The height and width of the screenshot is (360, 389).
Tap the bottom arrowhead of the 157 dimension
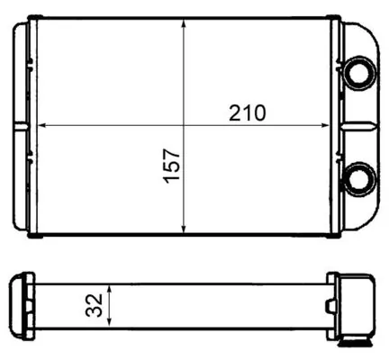point(184,229)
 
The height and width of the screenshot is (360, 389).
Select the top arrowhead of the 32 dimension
point(109,290)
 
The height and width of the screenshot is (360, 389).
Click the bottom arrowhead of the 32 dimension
point(109,322)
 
